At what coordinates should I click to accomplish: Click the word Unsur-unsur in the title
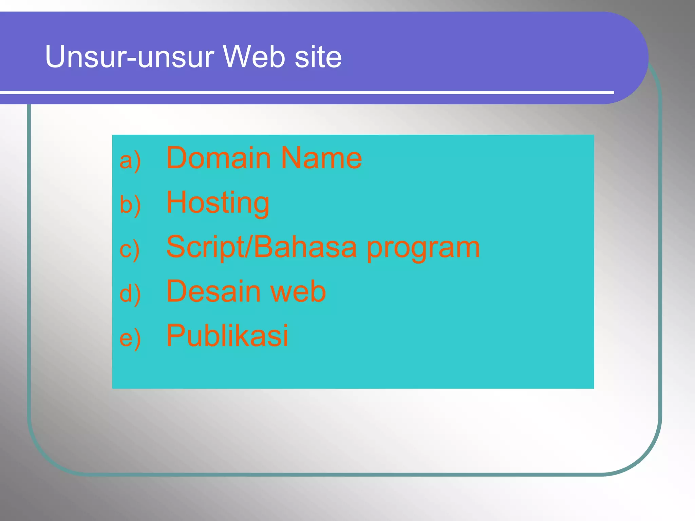[x=130, y=57]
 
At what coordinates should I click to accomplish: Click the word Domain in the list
[x=219, y=158]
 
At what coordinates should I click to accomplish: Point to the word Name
[x=321, y=158]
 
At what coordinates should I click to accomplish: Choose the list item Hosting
[x=218, y=203]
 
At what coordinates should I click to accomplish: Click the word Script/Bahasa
[x=261, y=247]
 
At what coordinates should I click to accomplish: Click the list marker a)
[x=130, y=160]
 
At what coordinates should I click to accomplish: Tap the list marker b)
[x=130, y=205]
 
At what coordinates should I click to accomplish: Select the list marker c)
[x=129, y=250]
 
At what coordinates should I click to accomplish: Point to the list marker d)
[x=130, y=294]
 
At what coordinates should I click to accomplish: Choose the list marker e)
[x=130, y=338]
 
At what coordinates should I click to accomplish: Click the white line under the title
[x=305, y=92]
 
